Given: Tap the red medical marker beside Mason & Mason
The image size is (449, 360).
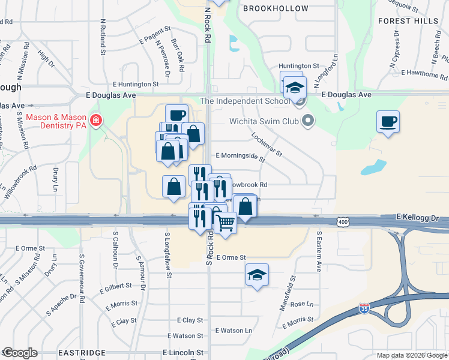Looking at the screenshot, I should click(x=95, y=121).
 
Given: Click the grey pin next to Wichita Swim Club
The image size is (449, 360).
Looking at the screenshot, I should click(x=308, y=121).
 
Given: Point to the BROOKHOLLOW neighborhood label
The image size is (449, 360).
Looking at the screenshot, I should click(x=276, y=8).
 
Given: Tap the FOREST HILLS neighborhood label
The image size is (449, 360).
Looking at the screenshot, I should click(x=409, y=20).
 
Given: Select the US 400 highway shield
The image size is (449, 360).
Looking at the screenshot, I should click(x=343, y=222).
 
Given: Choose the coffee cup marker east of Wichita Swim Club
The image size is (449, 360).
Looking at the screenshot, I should click(x=388, y=122).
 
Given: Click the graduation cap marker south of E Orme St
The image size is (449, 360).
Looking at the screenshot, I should click(x=257, y=275).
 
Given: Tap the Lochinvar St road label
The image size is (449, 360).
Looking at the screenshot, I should click(x=267, y=145).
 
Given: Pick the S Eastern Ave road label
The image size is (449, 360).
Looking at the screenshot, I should click(x=319, y=251).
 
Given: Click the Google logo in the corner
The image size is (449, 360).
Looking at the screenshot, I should click(x=19, y=353).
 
